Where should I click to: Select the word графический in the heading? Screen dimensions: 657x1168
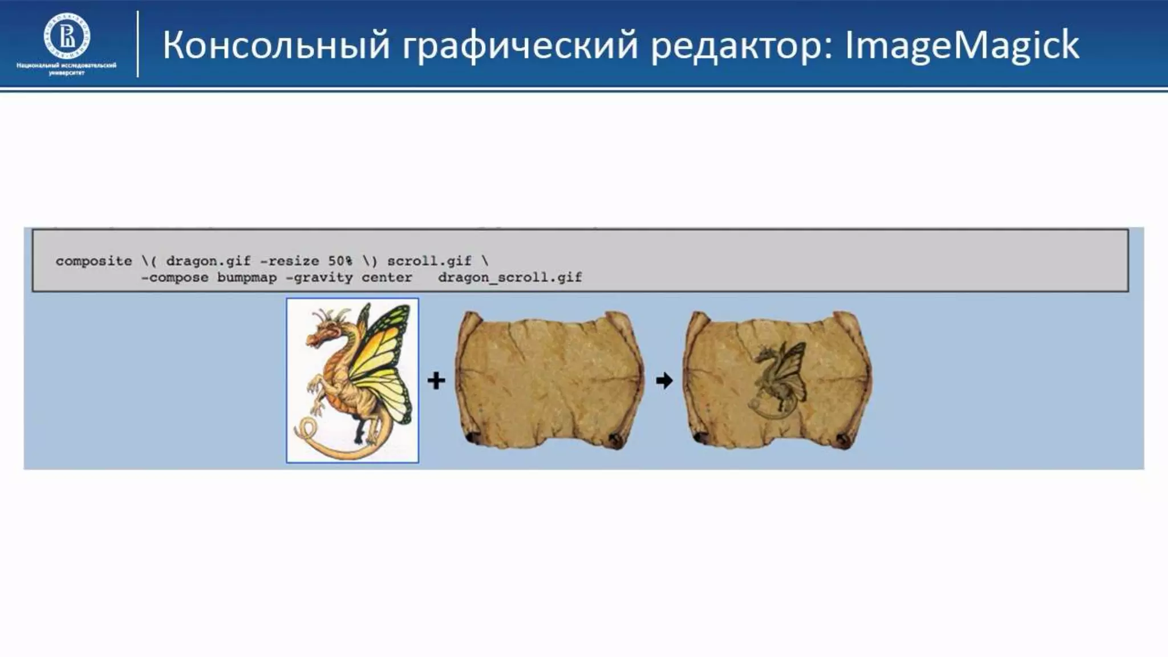520,46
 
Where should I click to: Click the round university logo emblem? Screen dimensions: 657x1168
67,36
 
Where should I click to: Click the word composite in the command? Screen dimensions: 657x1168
94,261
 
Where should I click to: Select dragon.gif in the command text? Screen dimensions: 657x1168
208,261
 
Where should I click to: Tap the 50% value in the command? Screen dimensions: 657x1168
340,261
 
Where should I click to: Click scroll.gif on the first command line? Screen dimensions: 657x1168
429,261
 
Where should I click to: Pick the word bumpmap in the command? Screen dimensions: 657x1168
246,278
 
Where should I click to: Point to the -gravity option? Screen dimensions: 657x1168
319,278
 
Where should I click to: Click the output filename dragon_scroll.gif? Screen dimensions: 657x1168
509,278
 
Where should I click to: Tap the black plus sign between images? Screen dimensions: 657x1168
436,380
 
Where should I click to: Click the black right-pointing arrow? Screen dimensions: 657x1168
664,380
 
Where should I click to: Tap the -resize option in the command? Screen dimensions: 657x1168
289,261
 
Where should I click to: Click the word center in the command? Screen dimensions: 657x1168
386,278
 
